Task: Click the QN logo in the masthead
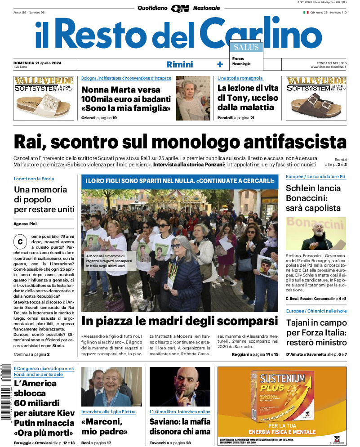click(180, 8)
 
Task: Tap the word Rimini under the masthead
click(179, 64)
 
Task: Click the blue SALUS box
click(245, 47)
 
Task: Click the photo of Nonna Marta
click(193, 98)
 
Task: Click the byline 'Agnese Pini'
click(25, 223)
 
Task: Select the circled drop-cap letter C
click(20, 241)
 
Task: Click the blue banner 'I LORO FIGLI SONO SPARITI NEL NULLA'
click(180, 181)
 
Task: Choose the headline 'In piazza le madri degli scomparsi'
click(180, 322)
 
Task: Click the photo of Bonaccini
click(316, 234)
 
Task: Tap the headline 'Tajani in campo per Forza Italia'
click(316, 333)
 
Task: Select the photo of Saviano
click(180, 387)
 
